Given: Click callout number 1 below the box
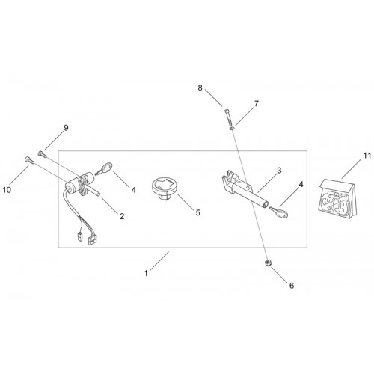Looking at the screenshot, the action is click(146, 273).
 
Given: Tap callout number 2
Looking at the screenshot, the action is click(122, 216).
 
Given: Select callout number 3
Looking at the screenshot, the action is click(279, 171).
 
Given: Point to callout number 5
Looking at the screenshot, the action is click(198, 212).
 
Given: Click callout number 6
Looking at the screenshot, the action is click(292, 286).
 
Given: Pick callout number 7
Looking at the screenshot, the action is click(257, 103).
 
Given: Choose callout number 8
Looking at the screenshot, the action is click(200, 88).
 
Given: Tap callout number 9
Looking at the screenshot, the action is click(66, 128).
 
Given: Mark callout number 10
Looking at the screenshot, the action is click(7, 190).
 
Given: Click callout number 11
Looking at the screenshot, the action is click(367, 156).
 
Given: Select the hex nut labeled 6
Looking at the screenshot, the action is click(268, 263).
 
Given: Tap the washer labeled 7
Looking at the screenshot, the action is click(232, 129).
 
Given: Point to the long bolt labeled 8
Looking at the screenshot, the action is click(229, 117).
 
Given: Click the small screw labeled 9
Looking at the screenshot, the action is click(42, 154).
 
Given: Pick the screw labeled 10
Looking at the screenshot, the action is click(29, 160).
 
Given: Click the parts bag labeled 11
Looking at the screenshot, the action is click(338, 198).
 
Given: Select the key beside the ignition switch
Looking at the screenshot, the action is click(104, 168).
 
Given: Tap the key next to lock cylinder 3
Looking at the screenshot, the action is click(279, 212).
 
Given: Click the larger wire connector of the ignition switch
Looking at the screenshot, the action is click(92, 240).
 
